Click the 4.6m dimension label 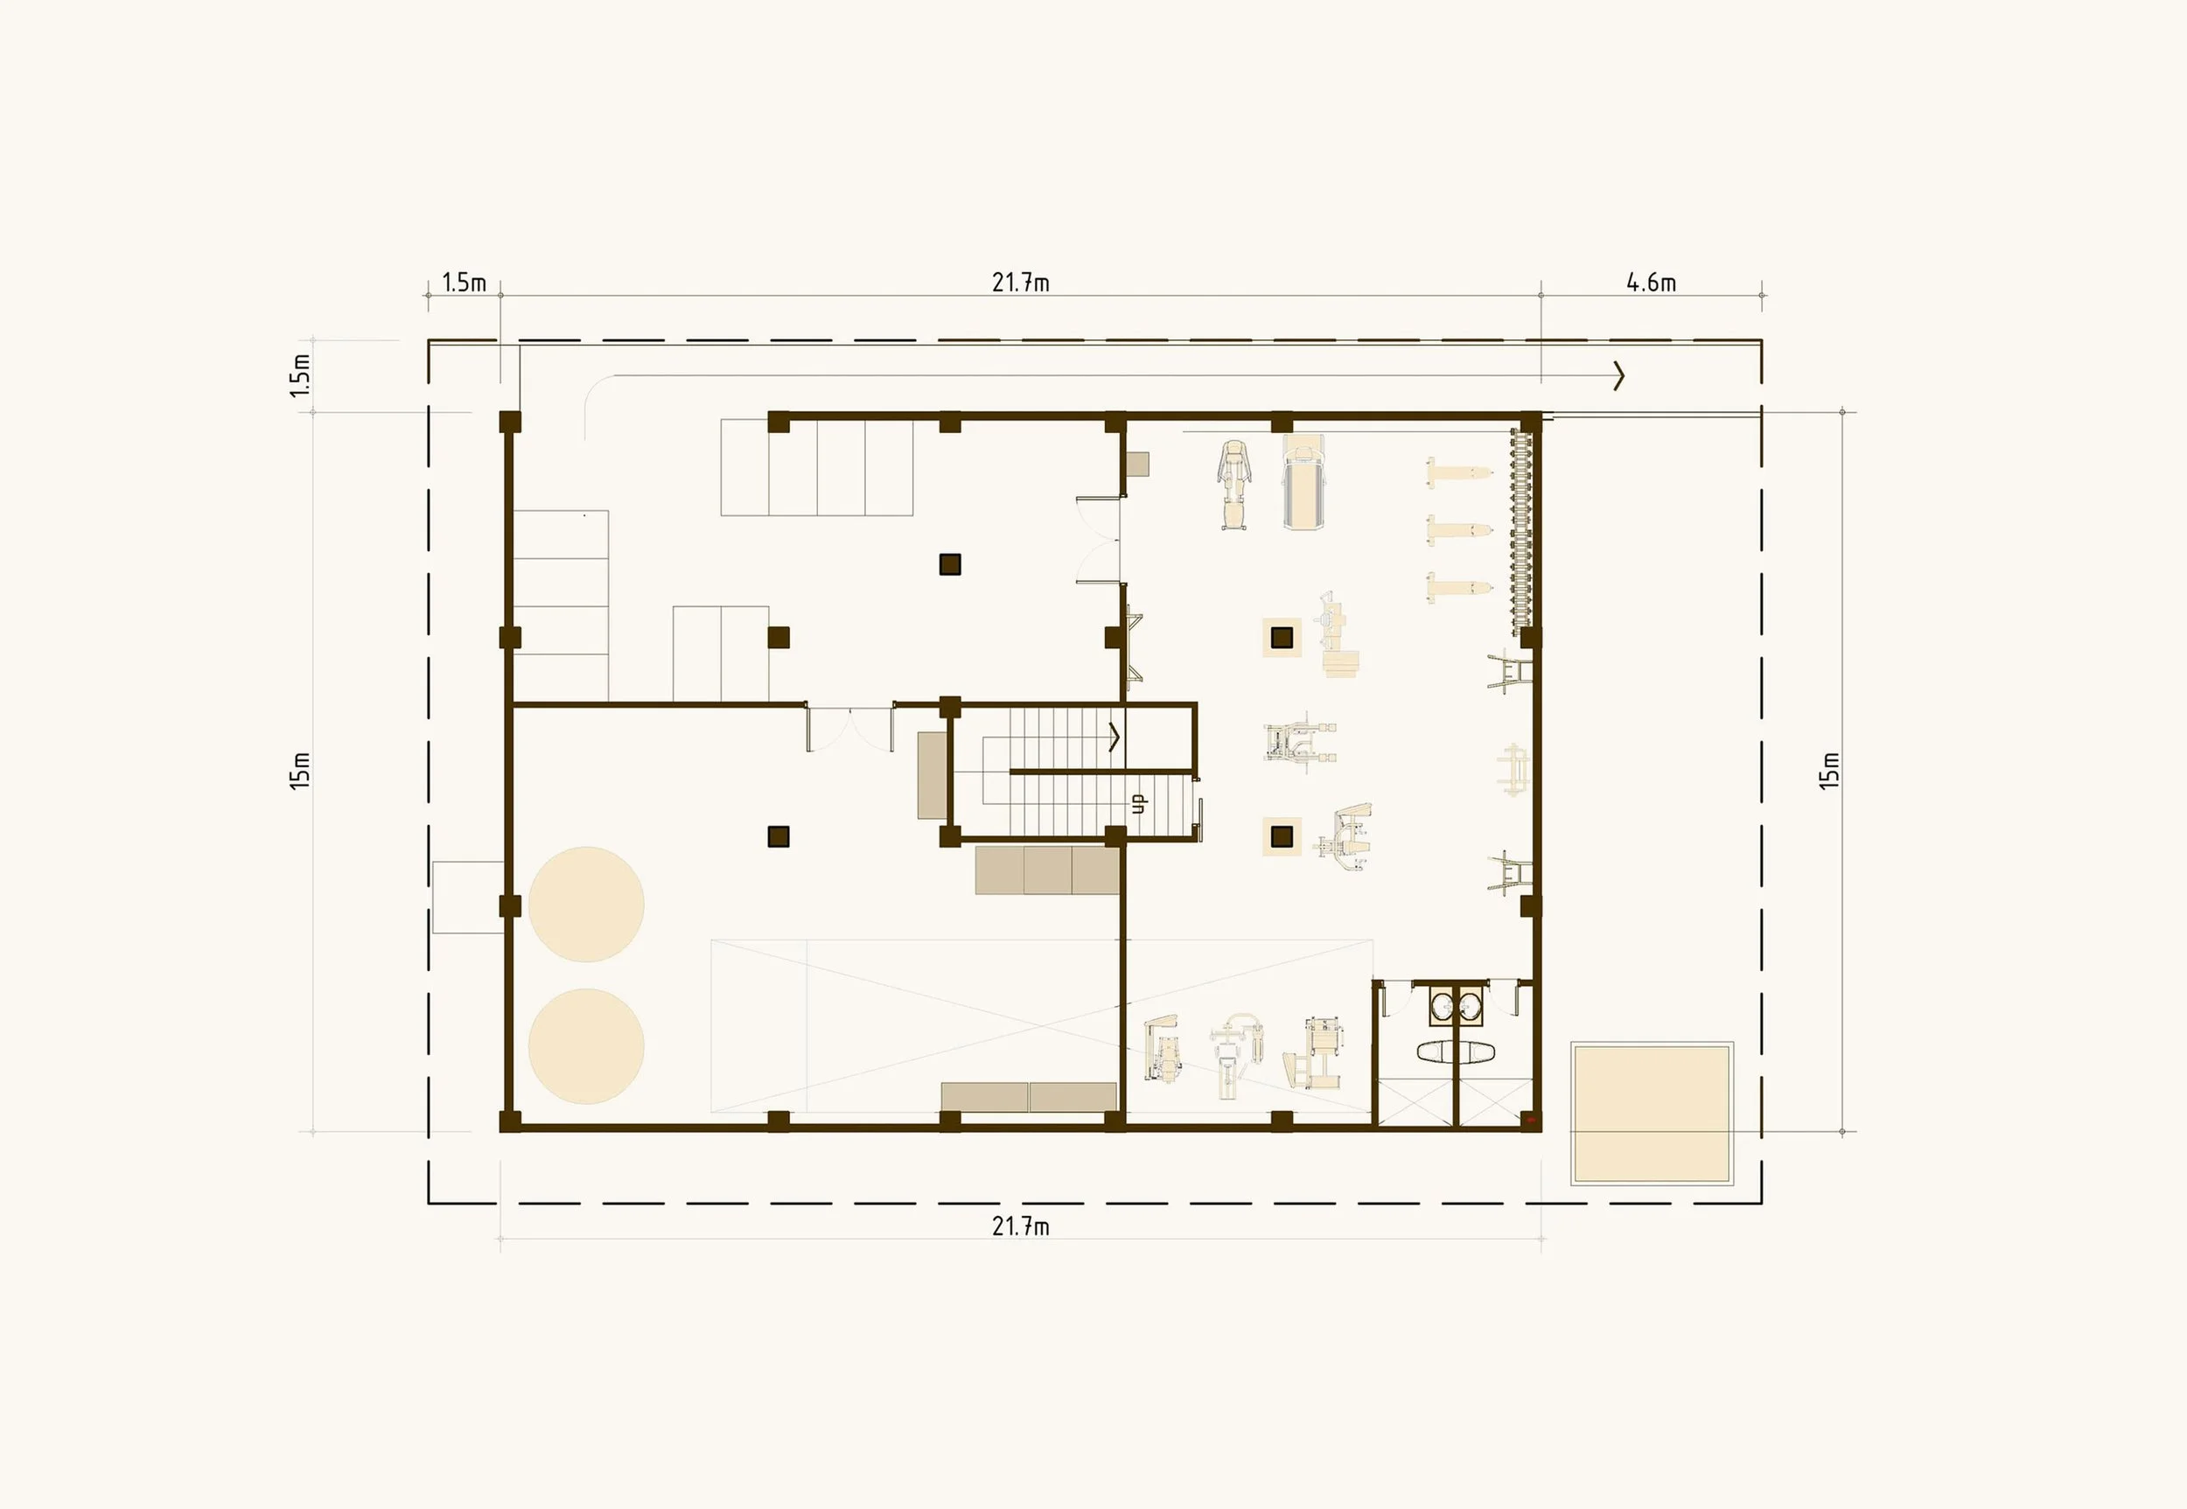[1651, 282]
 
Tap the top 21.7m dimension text [1020, 282]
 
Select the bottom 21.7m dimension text [1020, 1226]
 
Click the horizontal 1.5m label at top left [464, 282]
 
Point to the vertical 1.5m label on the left [300, 375]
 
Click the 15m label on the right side [1829, 771]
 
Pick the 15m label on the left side [300, 771]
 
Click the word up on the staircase [1138, 803]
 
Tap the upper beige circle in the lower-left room [586, 904]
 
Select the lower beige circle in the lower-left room [586, 1045]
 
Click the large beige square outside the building [1652, 1113]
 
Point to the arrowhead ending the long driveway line [1618, 375]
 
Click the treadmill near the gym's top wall [1303, 482]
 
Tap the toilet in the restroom [1454, 1051]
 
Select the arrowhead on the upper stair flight [1114, 737]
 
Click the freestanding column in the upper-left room [950, 564]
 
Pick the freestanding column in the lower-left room [779, 835]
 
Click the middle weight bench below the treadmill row [1458, 530]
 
